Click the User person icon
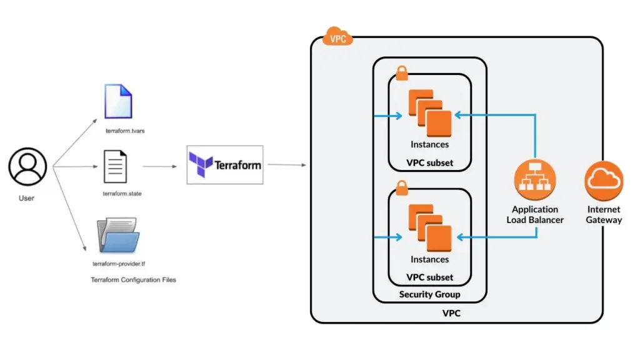(x=27, y=166)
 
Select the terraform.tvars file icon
(x=119, y=101)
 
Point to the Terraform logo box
(x=225, y=165)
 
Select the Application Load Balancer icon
(x=534, y=180)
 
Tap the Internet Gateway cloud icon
(x=604, y=181)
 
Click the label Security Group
(x=429, y=294)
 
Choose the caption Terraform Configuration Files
(x=133, y=280)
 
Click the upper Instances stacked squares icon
(x=429, y=112)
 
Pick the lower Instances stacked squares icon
(x=429, y=227)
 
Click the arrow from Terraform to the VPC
(x=286, y=165)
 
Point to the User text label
(x=27, y=198)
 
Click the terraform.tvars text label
(x=125, y=131)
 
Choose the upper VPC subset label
(x=429, y=164)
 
